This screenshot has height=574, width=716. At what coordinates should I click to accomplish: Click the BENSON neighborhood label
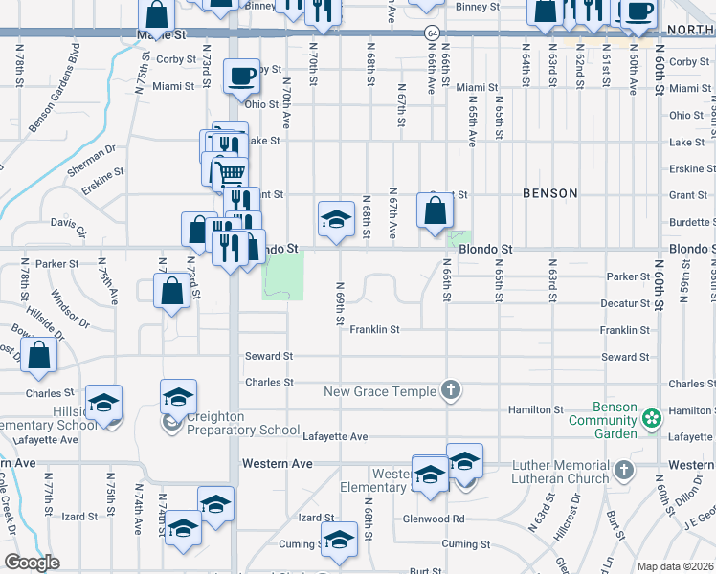tap(550, 193)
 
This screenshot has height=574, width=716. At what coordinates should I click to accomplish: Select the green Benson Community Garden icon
tap(652, 418)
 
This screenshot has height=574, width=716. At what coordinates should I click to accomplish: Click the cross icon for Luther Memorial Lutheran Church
tap(624, 470)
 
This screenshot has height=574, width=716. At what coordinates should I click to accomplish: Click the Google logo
tap(32, 563)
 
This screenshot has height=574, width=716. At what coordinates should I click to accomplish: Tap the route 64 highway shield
tap(434, 33)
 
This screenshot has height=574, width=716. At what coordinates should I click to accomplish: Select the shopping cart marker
tap(230, 173)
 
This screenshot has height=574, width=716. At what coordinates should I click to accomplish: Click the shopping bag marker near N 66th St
tap(435, 210)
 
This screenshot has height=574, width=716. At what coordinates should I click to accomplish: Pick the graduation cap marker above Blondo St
tap(336, 219)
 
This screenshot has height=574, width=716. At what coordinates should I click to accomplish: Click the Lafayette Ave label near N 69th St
tap(335, 436)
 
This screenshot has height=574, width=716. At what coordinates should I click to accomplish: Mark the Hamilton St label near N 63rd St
tap(536, 409)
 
